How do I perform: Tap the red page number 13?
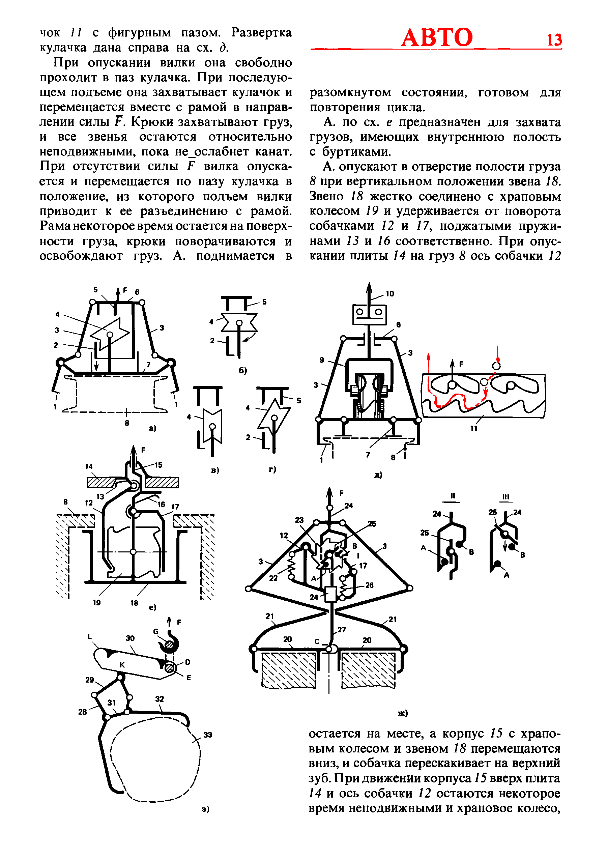pos(554,40)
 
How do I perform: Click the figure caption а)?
pos(152,428)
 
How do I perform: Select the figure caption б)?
pos(243,370)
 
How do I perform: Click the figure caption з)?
pos(206,809)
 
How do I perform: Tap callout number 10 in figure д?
pos(390,294)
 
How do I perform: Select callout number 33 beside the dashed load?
pos(208,735)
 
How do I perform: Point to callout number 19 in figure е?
pos(96,603)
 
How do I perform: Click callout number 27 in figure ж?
pos(342,630)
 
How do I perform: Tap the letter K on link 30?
pos(122,664)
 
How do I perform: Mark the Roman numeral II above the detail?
pos(452,495)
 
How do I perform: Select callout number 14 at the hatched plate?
pos(89,466)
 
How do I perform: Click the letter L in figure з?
pos(89,636)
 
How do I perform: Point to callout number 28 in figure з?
pos(82,712)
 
